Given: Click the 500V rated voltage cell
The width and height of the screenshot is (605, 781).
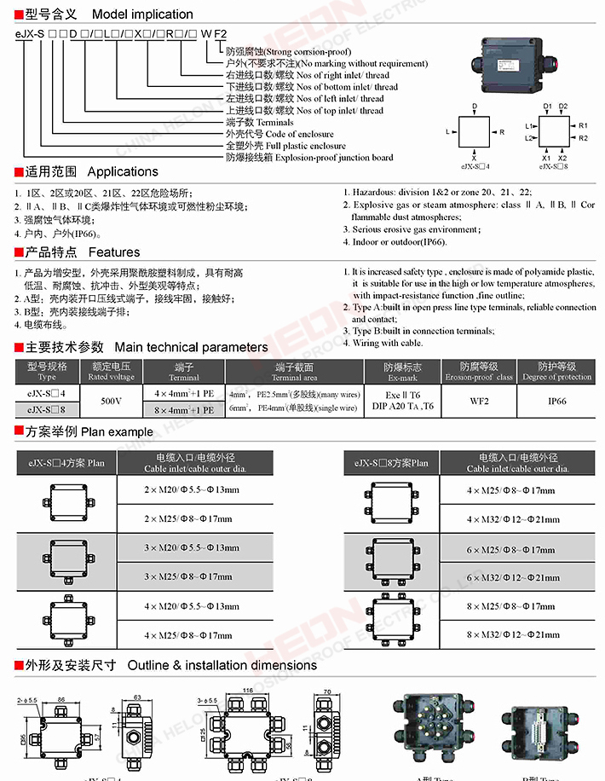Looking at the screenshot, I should point(111,400).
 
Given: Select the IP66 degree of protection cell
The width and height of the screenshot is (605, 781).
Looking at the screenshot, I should point(556,400).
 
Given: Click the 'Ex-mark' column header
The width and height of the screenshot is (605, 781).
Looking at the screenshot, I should point(403,372).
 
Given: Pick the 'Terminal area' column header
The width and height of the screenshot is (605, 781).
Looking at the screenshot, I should point(295,372).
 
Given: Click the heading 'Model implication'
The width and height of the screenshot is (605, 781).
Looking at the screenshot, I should point(141,14).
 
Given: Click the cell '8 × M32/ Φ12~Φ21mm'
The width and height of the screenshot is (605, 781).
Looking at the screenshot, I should point(513,634).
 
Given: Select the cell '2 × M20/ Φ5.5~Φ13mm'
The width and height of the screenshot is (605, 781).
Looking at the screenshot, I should point(191,489).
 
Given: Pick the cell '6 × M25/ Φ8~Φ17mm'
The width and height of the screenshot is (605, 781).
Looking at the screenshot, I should point(513,549).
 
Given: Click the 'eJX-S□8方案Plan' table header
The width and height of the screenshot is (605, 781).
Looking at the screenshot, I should point(391,463).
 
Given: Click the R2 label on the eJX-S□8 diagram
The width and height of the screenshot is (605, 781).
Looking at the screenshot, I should point(583,138).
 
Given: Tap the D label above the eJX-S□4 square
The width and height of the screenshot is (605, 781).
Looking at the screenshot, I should point(474,107).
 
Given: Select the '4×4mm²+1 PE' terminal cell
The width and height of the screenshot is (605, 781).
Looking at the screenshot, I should point(184,393).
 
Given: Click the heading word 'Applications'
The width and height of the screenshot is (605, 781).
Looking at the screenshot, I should point(123,171).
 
